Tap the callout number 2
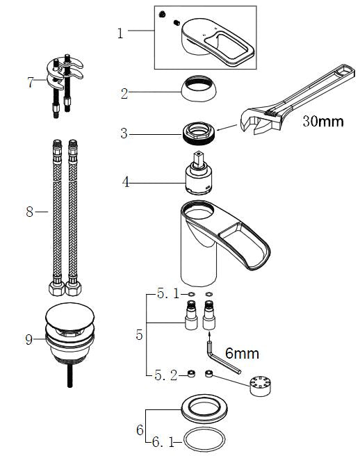tap(124, 92)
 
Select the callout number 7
tap(30, 83)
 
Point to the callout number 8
tap(30, 211)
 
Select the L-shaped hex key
tap(221, 357)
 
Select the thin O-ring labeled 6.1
tap(207, 440)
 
